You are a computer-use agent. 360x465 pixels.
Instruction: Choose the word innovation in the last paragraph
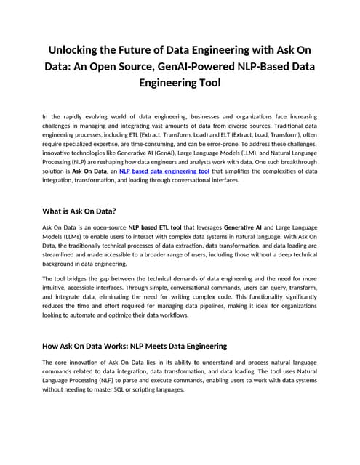pyautogui.click(x=86, y=361)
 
